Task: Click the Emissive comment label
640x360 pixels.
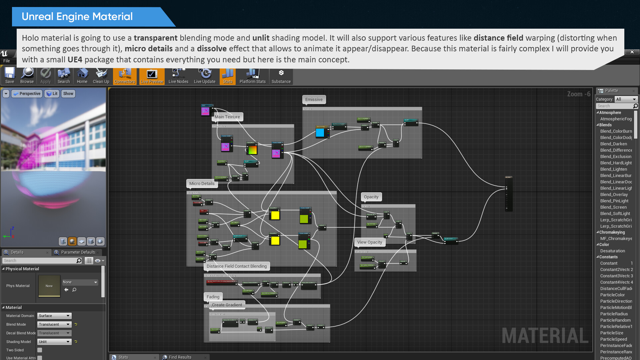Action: (314, 99)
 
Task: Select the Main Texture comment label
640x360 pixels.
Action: (227, 117)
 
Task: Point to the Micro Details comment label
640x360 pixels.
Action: (202, 183)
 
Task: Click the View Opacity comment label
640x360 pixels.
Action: (369, 242)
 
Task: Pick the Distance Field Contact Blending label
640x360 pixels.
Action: (236, 266)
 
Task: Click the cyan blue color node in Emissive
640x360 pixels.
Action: (320, 133)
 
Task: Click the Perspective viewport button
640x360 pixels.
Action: (27, 94)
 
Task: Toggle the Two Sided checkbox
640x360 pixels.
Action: (40, 350)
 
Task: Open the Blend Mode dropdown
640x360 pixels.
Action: (54, 324)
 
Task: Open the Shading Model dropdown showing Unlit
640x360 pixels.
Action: (54, 342)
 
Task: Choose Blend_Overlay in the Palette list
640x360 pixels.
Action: (614, 195)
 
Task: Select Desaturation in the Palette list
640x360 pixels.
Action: (612, 251)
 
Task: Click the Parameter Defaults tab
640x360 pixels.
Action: (78, 252)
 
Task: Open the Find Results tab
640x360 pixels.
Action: (180, 357)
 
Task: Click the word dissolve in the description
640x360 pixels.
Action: (212, 49)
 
